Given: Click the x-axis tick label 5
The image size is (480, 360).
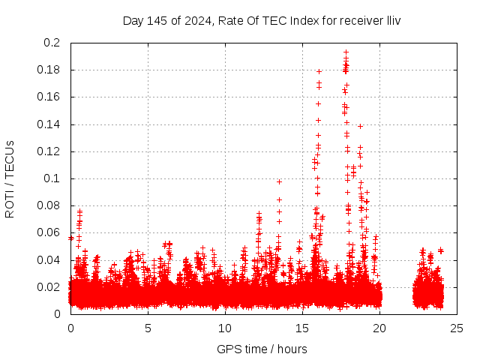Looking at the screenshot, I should click(x=148, y=328).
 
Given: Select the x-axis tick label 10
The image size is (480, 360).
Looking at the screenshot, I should click(x=225, y=328).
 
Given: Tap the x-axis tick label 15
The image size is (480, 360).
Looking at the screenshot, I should click(x=302, y=328).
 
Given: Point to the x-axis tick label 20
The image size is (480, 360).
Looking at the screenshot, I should click(x=379, y=328).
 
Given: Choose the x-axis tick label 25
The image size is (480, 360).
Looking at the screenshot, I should click(x=457, y=328).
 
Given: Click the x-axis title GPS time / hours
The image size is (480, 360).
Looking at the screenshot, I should click(x=262, y=349).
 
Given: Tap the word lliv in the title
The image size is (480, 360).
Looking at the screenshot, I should click(x=392, y=20).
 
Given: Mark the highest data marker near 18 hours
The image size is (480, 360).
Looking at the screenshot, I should click(x=346, y=52).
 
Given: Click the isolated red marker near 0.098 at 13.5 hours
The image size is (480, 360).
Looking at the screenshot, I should click(x=279, y=181).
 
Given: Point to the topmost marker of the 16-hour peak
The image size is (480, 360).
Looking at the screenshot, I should click(x=319, y=71).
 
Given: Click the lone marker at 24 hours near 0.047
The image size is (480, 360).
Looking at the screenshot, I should click(x=441, y=250).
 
